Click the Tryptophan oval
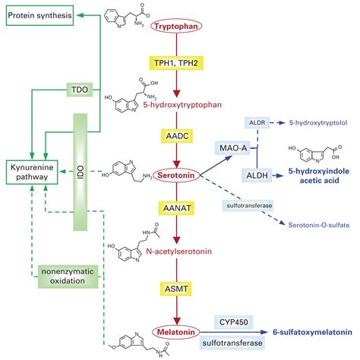(x=176, y=26)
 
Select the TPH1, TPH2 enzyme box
(x=176, y=63)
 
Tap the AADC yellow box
(x=177, y=136)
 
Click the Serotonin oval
(x=176, y=175)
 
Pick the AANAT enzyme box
(x=177, y=208)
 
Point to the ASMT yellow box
(x=176, y=289)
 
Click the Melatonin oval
(x=176, y=332)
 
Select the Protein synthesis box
(x=39, y=15)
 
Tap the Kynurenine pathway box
(x=32, y=172)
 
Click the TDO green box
(x=80, y=90)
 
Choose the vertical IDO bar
(x=81, y=172)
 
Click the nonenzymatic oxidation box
(x=68, y=276)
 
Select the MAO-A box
(x=232, y=147)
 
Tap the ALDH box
(x=257, y=175)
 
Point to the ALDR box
(x=257, y=123)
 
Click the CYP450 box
(x=234, y=322)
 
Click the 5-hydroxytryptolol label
(x=318, y=123)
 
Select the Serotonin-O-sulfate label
(x=319, y=225)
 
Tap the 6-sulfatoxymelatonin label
(x=312, y=332)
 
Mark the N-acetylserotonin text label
(x=179, y=251)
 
